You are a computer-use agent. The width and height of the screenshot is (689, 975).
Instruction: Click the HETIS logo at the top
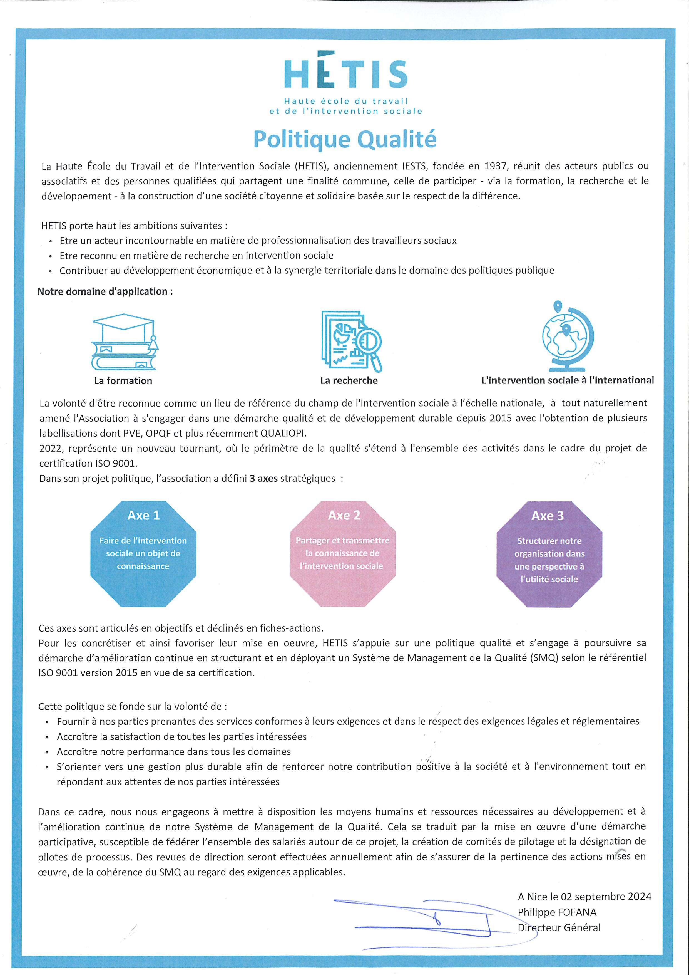345,85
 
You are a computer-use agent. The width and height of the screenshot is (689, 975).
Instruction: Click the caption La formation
123,380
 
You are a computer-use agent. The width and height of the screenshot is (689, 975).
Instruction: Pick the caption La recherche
349,380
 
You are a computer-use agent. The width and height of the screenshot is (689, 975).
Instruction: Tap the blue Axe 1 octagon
143,553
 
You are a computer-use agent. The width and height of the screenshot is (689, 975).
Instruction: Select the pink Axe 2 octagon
343,553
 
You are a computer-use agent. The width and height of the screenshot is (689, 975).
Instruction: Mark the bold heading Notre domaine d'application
105,291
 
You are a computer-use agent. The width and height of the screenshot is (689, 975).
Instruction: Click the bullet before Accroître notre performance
47,752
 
